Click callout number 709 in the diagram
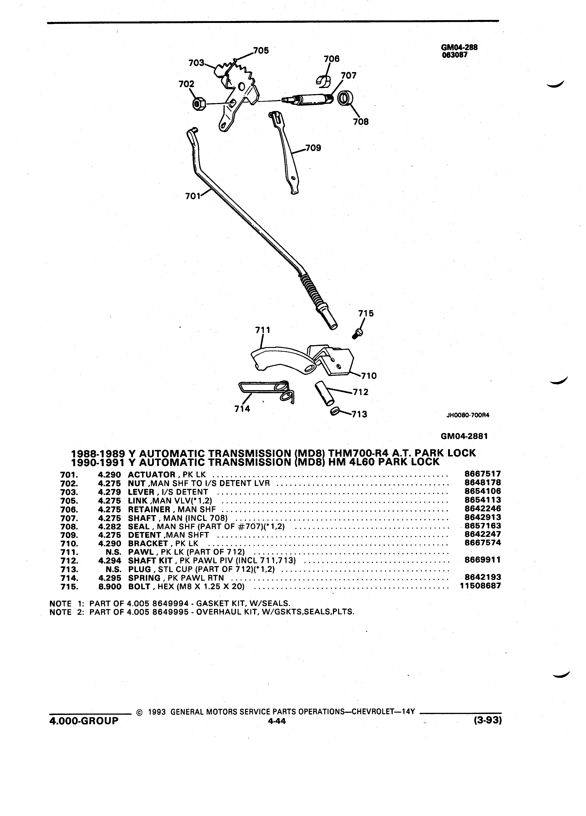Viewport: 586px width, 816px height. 313,148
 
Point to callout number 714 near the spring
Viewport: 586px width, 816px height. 242,409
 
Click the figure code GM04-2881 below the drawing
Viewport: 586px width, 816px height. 464,436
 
